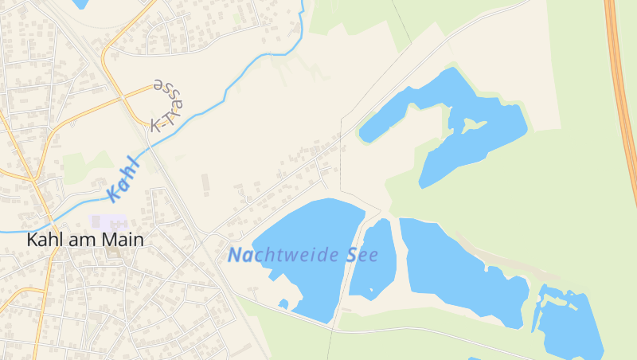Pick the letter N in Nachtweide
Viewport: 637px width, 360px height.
tap(235, 256)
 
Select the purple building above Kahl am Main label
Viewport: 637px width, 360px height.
tap(109, 221)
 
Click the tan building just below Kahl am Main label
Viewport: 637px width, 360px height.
tap(111, 254)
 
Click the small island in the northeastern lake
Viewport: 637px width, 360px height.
tap(471, 125)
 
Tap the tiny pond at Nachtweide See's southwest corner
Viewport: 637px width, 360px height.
tap(283, 303)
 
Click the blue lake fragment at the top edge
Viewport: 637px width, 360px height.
tap(80, 3)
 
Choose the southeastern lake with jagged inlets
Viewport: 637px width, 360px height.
tap(569, 323)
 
